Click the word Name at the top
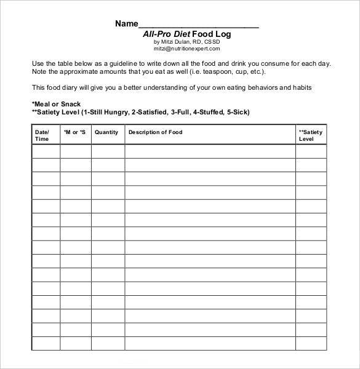point(126,24)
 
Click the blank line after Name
point(198,25)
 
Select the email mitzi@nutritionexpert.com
point(187,49)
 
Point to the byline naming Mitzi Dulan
point(187,42)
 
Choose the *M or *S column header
point(75,132)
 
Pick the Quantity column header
point(107,132)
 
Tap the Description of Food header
point(156,132)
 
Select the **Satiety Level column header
point(311,135)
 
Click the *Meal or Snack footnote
point(56,104)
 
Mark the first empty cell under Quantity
point(108,152)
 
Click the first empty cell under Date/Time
point(46,152)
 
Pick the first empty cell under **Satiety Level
point(311,152)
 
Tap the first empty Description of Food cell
point(210,152)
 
